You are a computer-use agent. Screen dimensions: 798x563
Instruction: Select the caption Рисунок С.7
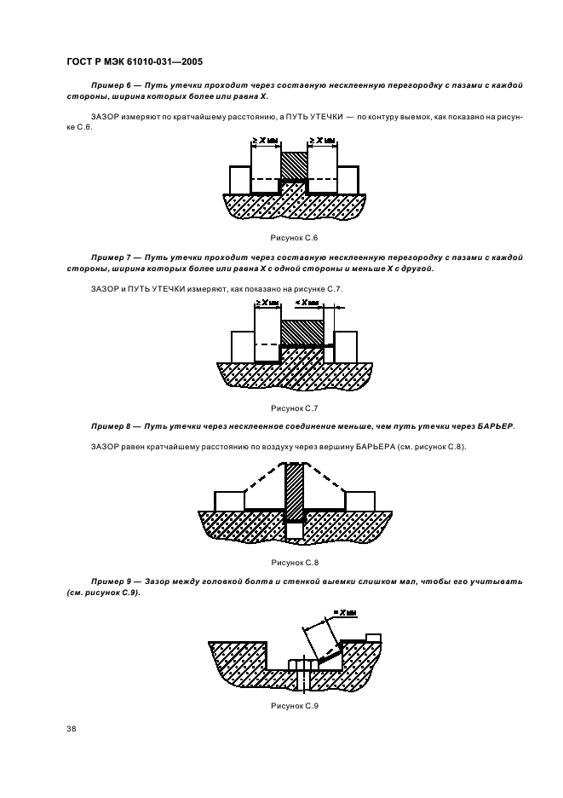pos(294,408)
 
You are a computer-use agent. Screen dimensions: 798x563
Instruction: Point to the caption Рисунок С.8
pos(294,563)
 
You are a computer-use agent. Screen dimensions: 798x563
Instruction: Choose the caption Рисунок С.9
pos(294,706)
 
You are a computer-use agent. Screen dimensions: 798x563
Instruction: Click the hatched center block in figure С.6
pos(294,165)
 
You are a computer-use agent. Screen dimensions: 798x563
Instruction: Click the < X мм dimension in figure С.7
pos(306,303)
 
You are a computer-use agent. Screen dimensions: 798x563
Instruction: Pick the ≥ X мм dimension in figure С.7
pos(267,303)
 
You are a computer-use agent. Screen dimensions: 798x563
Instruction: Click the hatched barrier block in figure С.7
pos(302,332)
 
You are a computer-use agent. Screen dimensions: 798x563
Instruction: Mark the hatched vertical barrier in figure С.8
pos(294,490)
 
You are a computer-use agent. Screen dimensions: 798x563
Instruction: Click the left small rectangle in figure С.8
pos(230,500)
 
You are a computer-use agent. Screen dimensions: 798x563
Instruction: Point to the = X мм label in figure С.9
pos(345,612)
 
